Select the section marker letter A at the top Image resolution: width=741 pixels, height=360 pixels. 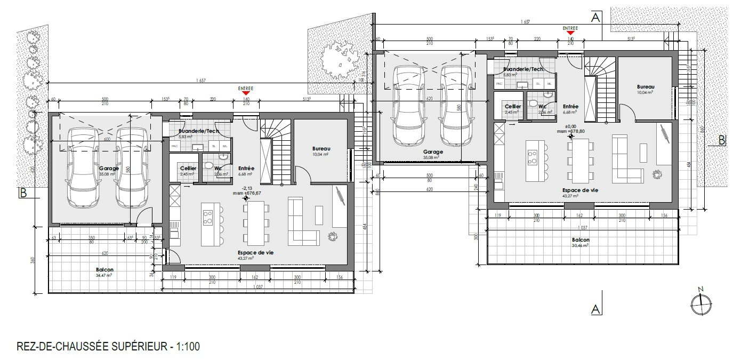click(595, 17)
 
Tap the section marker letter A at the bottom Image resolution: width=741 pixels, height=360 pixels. click(595, 309)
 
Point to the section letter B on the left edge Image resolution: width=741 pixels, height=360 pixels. click(22, 193)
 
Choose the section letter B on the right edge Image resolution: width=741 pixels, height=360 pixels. click(721, 140)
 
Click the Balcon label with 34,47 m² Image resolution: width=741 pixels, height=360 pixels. click(104, 270)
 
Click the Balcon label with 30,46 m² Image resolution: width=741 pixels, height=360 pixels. click(581, 240)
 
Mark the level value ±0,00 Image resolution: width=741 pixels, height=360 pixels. click(570, 126)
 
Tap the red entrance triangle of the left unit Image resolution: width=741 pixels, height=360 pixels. click(246, 94)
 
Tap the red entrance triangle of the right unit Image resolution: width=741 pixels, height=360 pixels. click(570, 34)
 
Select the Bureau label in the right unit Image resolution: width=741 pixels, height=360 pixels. click(645, 86)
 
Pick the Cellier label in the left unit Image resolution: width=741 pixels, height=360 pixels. click(188, 168)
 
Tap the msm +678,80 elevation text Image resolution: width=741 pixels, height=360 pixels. click(570, 131)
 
